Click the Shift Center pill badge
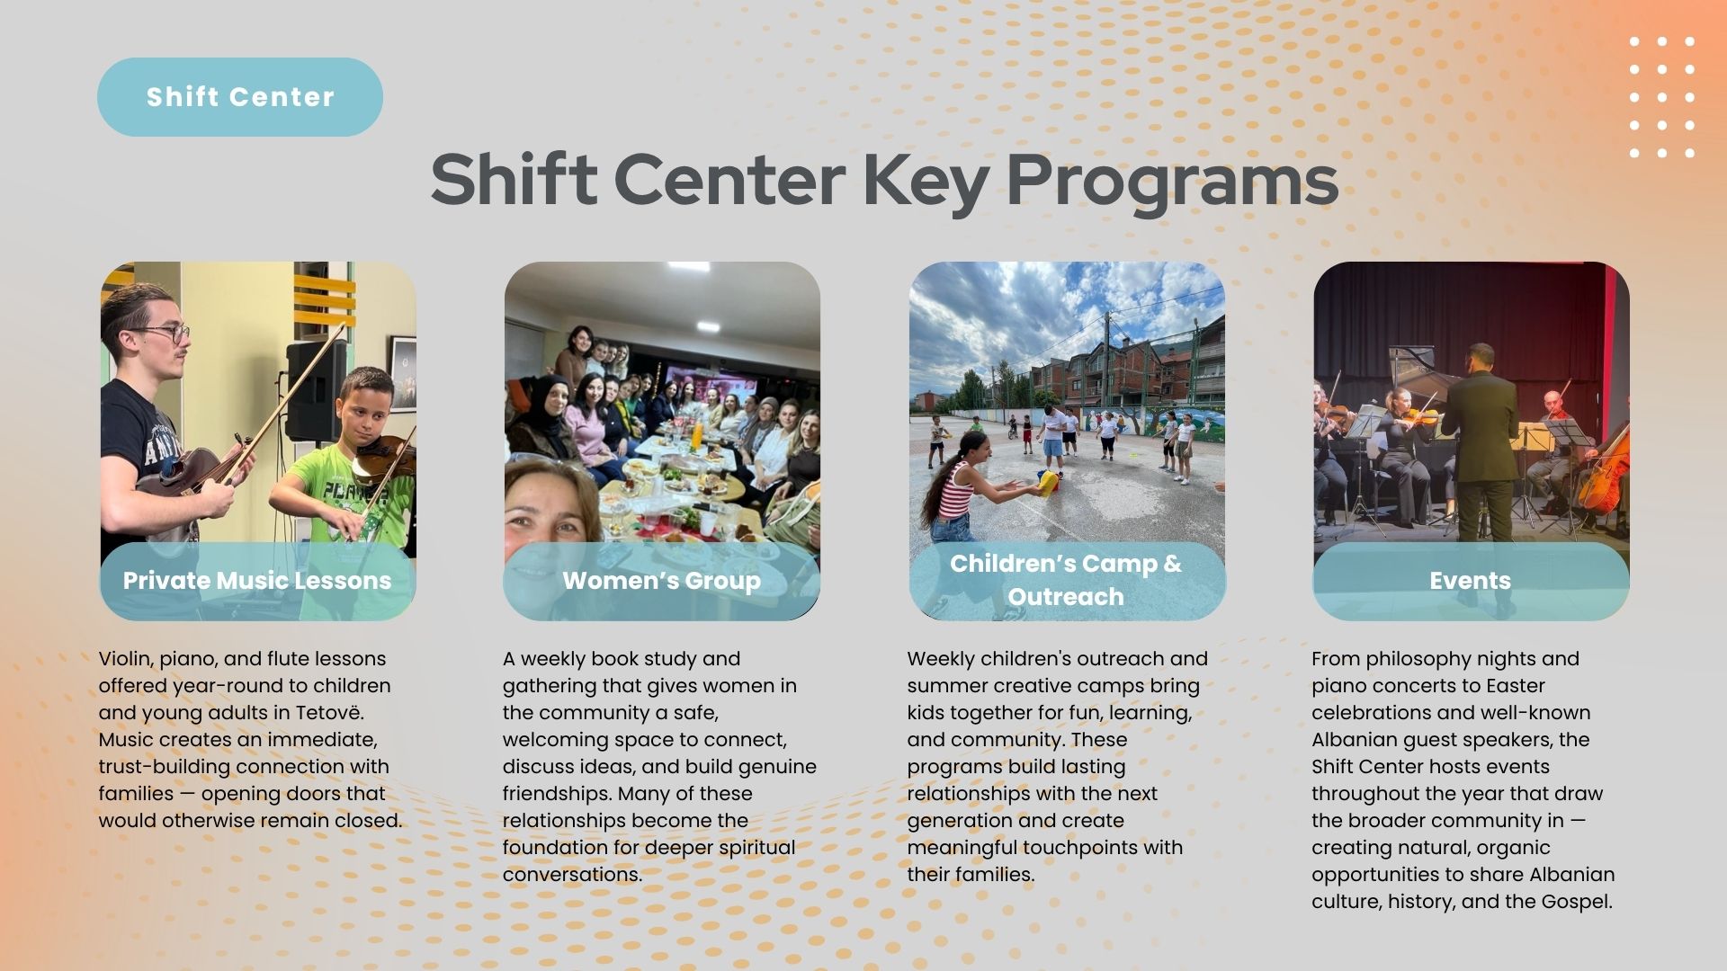240,97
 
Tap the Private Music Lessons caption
257,581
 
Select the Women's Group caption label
662,581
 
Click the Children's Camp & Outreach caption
1066,580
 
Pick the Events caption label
1471,581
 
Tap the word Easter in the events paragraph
1515,686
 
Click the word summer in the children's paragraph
938,686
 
